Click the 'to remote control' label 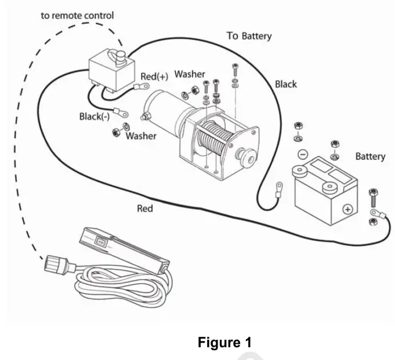[77, 16]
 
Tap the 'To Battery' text [249, 36]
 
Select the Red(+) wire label [154, 77]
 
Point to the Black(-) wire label [95, 117]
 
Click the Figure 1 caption [224, 343]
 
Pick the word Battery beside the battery [370, 157]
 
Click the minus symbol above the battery [303, 154]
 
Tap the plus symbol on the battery [348, 209]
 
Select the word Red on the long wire [145, 209]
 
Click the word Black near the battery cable [286, 84]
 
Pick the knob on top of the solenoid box [121, 57]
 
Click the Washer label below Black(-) [141, 136]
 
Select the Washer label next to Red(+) [190, 74]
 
